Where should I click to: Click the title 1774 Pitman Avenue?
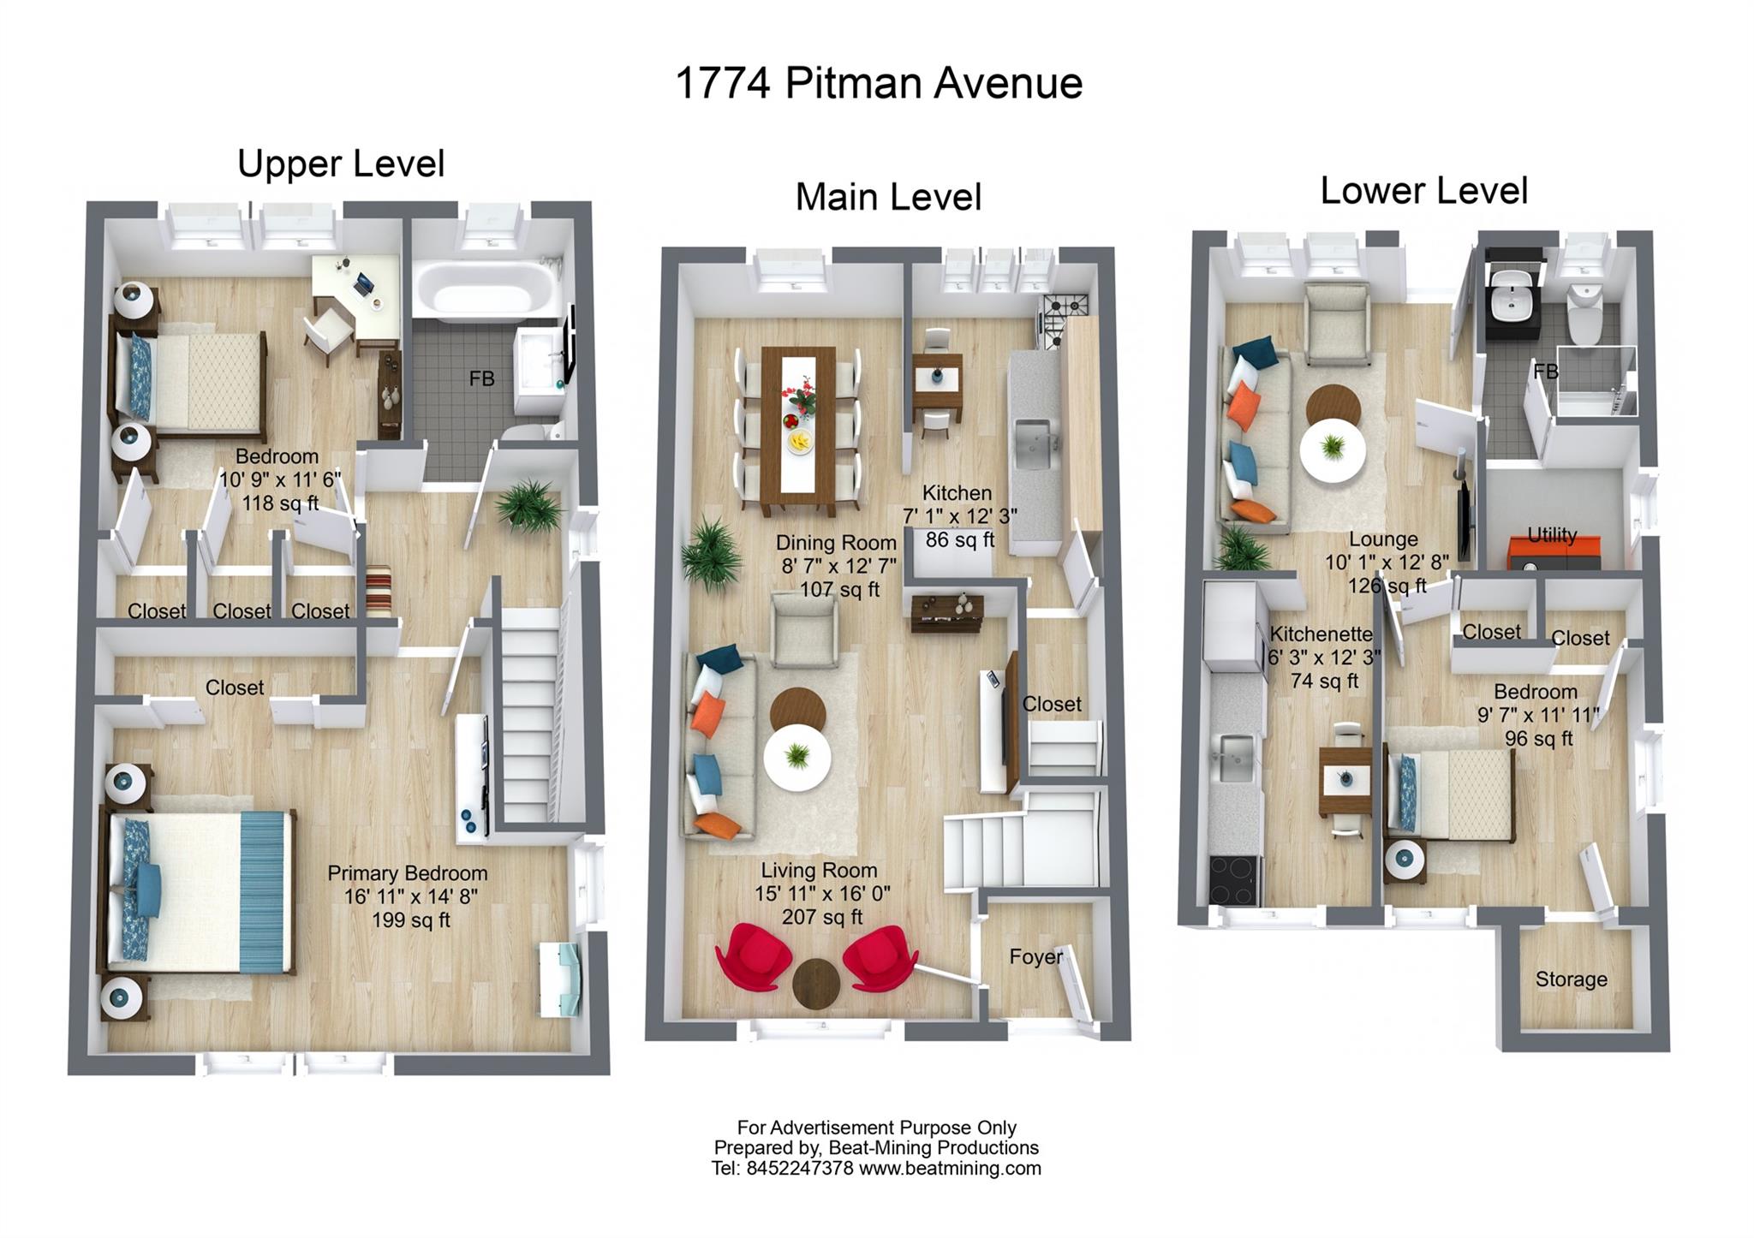(879, 84)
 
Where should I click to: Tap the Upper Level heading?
(341, 164)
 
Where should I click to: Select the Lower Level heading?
(1423, 190)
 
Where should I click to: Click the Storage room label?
(1571, 979)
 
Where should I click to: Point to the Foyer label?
(1035, 956)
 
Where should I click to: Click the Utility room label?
(1552, 535)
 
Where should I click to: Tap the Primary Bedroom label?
(407, 873)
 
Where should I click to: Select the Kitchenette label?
(1321, 634)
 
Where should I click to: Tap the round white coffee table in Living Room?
(796, 757)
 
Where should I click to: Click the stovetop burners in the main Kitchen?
(1065, 306)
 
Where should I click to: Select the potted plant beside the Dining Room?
(711, 554)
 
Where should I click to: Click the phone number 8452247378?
(799, 1169)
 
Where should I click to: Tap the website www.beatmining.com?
(950, 1169)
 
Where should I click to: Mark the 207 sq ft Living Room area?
(821, 917)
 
